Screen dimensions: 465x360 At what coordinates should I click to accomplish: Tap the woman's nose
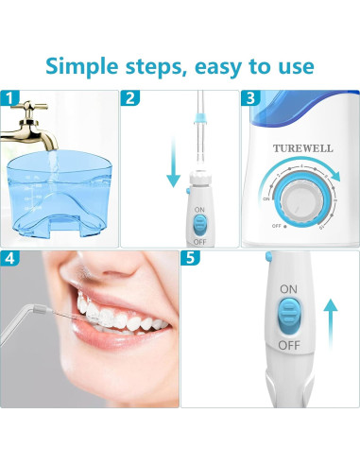(x=99, y=274)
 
